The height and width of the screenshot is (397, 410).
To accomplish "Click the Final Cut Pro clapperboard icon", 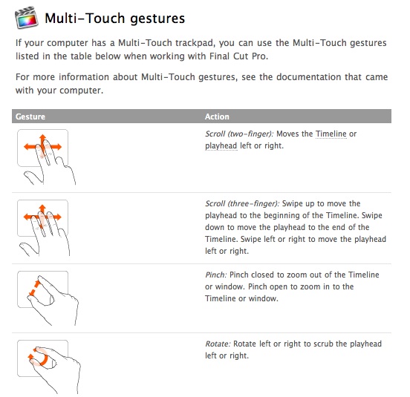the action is pos(27,17).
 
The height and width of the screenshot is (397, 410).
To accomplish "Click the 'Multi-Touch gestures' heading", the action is pos(115,19).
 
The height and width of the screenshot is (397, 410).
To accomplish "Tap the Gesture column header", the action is pos(30,117).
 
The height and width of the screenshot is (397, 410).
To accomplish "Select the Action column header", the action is pos(217,117).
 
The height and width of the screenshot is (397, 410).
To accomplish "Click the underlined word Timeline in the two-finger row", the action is pos(331,134).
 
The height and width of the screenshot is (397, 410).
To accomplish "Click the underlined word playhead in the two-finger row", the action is pos(221,145).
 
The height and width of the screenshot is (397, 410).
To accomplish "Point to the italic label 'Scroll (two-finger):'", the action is pos(239,134).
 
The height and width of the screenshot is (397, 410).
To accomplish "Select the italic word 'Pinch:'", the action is pos(216,275).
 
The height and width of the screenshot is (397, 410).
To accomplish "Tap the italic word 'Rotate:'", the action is pos(218,344).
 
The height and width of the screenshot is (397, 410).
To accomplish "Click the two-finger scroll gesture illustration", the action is pos(46,157).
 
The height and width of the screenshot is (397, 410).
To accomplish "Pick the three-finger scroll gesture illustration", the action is pos(44,228).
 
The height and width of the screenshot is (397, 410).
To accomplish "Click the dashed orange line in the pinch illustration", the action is pos(34,288).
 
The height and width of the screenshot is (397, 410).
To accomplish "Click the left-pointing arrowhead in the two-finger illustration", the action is pos(27,146).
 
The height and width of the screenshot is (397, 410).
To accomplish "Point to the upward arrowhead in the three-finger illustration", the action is pos(42,208).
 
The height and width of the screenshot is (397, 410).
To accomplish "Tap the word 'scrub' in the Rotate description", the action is pos(323,344).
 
